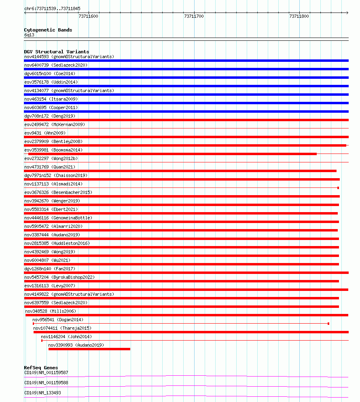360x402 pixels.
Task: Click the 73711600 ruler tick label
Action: coord(88,16)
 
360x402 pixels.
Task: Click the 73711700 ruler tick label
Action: coord(194,16)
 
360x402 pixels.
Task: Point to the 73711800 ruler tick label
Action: coord(299,16)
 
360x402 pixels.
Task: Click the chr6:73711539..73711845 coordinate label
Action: coord(52,8)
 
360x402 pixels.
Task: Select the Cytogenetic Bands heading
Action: coord(48,30)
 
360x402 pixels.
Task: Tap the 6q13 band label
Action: coord(29,35)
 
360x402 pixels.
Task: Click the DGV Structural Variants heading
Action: coord(56,52)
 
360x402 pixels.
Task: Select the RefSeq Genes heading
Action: coord(41,368)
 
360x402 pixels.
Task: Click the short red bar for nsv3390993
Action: coord(89,349)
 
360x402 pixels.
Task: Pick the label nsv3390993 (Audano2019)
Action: coord(76,345)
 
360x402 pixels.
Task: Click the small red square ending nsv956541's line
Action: coord(328,324)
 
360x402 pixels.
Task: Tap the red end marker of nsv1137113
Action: coord(338,188)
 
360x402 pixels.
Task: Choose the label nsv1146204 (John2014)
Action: coord(66,337)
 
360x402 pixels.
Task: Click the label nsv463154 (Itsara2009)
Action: coord(51,99)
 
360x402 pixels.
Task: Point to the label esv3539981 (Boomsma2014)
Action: coord(53,150)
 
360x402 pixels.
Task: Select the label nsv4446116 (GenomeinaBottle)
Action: coord(58,218)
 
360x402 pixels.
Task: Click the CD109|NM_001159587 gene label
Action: coord(46,373)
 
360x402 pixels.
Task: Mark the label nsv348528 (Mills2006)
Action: coord(51,311)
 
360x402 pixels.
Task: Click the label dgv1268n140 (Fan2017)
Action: coord(49,269)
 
